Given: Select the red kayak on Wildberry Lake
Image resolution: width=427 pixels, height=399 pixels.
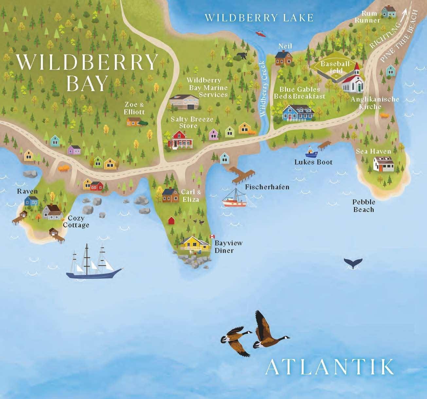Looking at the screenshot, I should tap(260, 33).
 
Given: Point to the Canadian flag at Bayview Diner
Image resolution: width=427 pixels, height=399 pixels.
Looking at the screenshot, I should tap(212, 237).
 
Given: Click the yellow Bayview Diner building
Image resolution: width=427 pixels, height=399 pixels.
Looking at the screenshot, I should tap(195, 244).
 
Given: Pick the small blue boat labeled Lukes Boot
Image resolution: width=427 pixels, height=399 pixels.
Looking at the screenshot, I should tap(311, 153).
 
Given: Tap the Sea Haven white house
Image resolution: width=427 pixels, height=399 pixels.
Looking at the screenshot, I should tap(383, 164).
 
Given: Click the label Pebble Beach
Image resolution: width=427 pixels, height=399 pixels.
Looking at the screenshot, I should tap(364, 206).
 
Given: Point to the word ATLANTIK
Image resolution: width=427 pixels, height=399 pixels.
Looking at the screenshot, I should tap(329, 367).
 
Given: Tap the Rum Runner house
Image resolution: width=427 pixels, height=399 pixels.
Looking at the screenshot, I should tap(389, 11).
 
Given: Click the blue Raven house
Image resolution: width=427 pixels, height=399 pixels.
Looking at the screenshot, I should tap(32, 200).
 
